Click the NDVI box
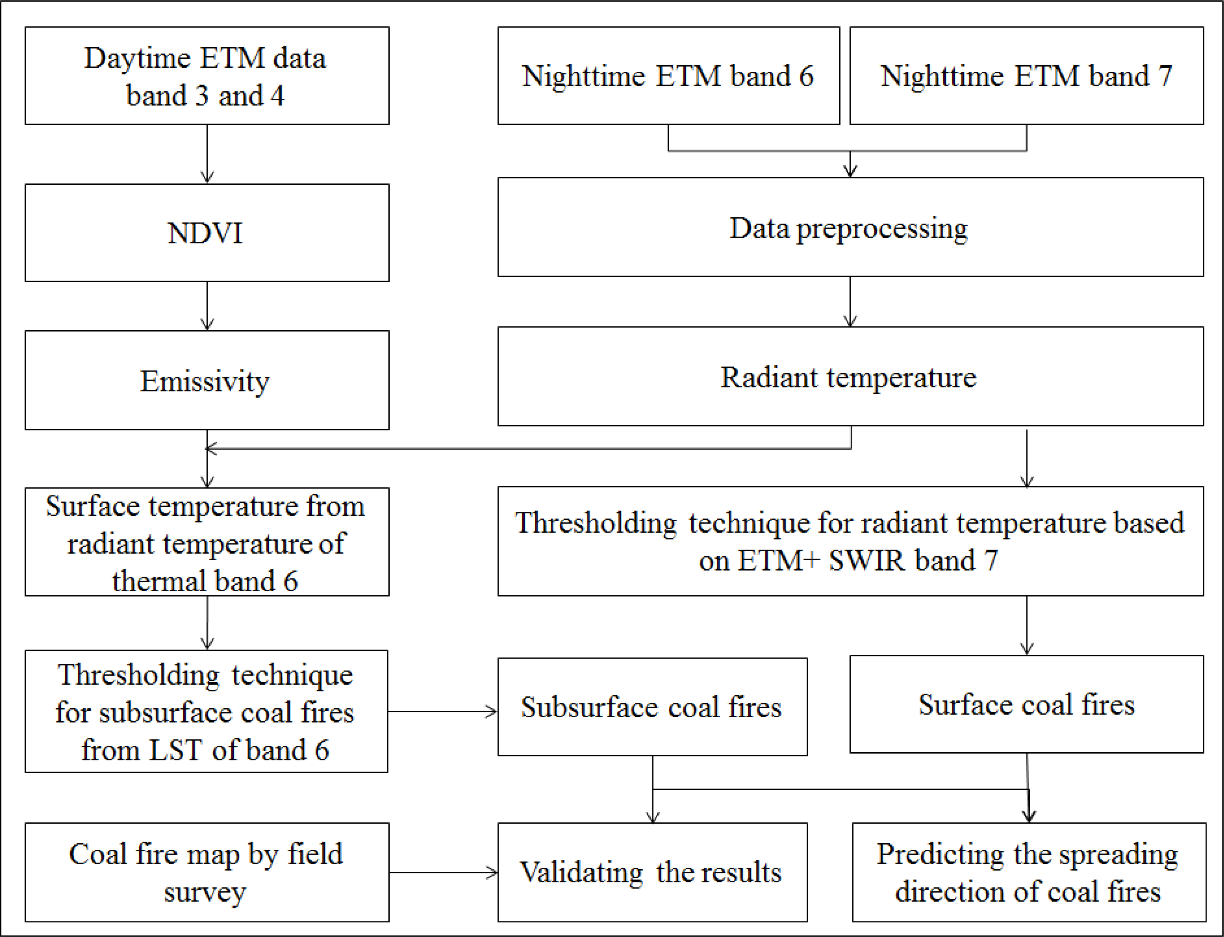pos(206,232)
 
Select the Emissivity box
pos(206,380)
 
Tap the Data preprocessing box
pos(849,227)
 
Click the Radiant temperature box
pos(849,376)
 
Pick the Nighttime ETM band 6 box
pos(668,76)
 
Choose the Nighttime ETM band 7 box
pos(1026,76)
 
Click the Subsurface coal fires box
pos(652,707)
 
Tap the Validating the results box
pos(652,872)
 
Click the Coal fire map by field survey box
pos(206,872)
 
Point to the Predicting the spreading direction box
pos(1028,872)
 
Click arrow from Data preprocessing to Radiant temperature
pos(850,301)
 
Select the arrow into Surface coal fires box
pos(1027,625)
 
